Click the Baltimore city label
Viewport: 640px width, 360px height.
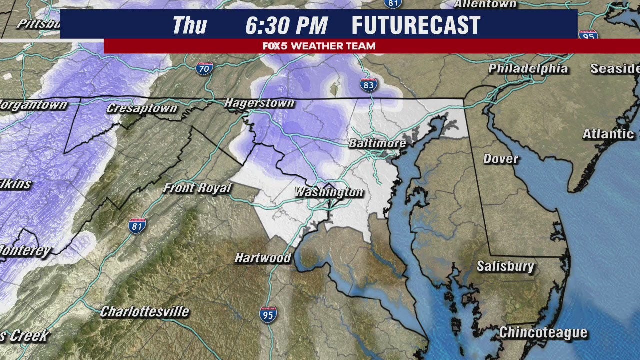tap(377, 143)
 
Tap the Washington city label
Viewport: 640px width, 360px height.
tap(328, 192)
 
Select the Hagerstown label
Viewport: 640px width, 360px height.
tap(259, 103)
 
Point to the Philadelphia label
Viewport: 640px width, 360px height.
tap(528, 69)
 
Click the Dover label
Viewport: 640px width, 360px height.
tap(501, 159)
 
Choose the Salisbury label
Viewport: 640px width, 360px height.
tap(505, 266)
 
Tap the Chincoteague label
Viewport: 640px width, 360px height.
tap(543, 333)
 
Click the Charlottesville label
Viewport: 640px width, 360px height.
tap(145, 312)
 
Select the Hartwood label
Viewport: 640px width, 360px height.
tap(263, 258)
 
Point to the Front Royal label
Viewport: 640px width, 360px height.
tap(198, 188)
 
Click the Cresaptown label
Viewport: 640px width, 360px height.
tap(142, 108)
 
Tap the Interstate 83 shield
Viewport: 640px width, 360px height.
tap(368, 85)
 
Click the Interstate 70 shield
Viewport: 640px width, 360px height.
tap(204, 68)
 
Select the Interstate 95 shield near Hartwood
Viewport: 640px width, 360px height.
tap(268, 315)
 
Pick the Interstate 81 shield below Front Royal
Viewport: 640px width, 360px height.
tap(137, 226)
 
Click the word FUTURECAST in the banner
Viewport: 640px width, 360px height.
tap(416, 25)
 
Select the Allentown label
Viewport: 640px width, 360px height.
tap(485, 4)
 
